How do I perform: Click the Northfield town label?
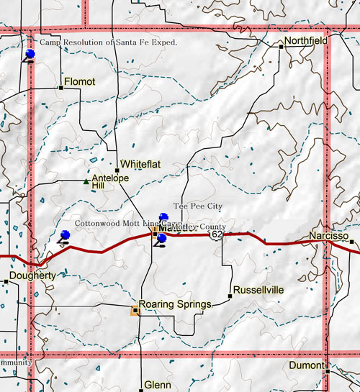(306, 41)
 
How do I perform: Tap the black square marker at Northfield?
(281, 46)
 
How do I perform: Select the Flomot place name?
(79, 82)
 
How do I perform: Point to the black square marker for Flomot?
(60, 88)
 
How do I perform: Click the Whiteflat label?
(140, 165)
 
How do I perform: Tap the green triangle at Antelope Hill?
(86, 181)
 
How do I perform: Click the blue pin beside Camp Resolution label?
(30, 55)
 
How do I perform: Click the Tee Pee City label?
(197, 206)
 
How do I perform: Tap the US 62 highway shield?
(217, 234)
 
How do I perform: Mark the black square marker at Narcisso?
(352, 242)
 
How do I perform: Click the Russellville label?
(259, 290)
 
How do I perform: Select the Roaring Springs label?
(175, 304)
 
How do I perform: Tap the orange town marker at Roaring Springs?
(135, 311)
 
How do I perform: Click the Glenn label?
(158, 385)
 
